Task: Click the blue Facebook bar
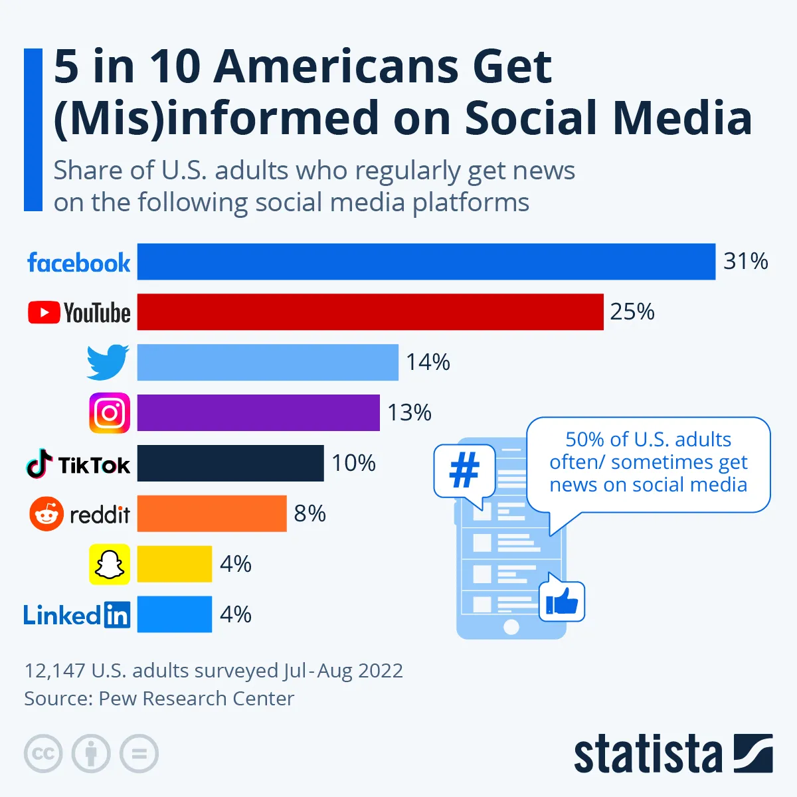point(426,262)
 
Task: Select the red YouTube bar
point(370,312)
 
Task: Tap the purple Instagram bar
point(258,412)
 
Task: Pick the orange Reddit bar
point(212,513)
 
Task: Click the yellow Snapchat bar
point(175,564)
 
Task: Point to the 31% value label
point(745,262)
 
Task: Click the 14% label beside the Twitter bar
point(428,363)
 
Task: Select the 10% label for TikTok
point(353,463)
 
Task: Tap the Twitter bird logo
point(108,362)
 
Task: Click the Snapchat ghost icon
point(110,565)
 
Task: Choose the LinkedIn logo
point(77,615)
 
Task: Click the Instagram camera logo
point(110,413)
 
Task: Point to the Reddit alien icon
point(46,514)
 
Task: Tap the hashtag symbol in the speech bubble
point(464,471)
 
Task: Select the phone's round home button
point(511,626)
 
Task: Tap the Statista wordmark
point(648,754)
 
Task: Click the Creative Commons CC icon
point(43,754)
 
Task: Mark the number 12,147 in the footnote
point(55,671)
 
